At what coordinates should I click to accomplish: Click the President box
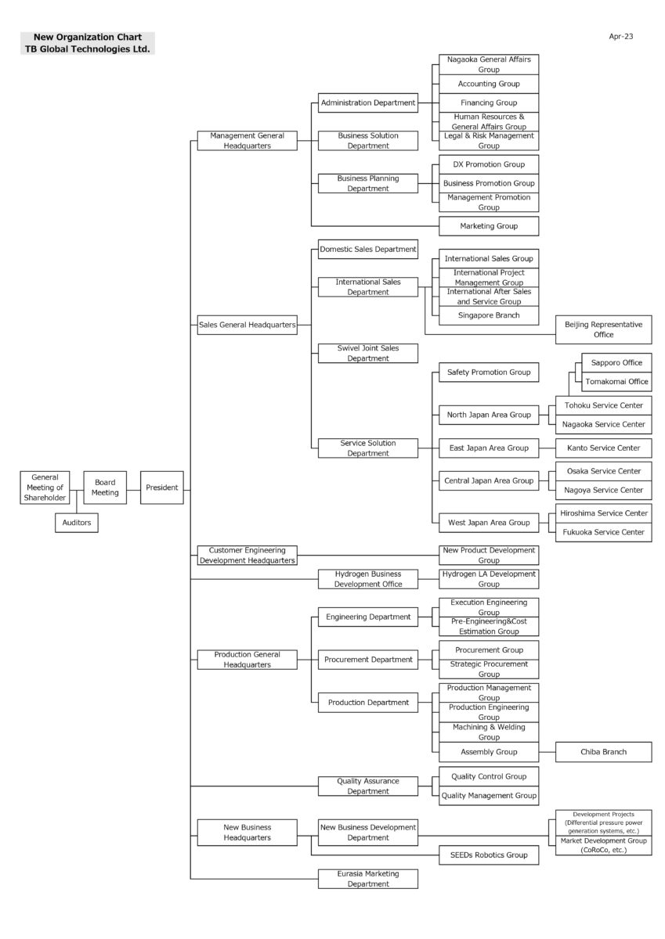click(x=161, y=487)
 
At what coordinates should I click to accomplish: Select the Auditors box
click(x=76, y=523)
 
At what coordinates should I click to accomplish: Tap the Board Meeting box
click(x=105, y=487)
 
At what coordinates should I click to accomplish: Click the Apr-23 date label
click(x=620, y=37)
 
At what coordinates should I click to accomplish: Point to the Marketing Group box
click(x=489, y=226)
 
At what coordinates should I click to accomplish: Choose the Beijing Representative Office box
click(x=603, y=329)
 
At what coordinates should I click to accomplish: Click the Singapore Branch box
click(x=489, y=315)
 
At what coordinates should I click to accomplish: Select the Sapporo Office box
click(x=616, y=362)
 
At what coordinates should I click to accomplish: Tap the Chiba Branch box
click(x=603, y=752)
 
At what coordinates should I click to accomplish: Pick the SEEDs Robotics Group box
click(x=489, y=854)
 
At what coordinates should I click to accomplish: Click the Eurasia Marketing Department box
click(x=368, y=879)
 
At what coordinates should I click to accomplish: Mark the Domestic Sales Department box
click(x=368, y=249)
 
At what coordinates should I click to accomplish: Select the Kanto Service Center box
click(x=603, y=448)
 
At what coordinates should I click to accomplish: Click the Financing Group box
click(x=489, y=103)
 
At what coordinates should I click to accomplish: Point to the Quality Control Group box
click(x=489, y=776)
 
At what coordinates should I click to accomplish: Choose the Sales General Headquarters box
click(x=247, y=325)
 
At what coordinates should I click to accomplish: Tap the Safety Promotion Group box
click(x=489, y=372)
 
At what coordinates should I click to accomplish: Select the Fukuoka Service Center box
click(x=603, y=532)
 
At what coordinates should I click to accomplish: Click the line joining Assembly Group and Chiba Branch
click(x=547, y=752)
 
